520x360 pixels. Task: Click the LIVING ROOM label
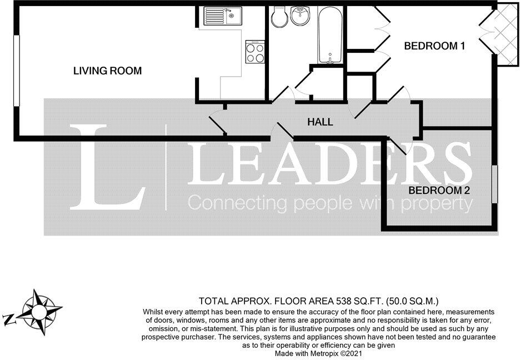[108, 71]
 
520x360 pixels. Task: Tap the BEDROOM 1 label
[434, 46]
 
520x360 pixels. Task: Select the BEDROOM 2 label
[439, 191]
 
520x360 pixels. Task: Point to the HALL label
[320, 122]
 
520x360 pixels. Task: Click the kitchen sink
[221, 16]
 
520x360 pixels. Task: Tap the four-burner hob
[255, 52]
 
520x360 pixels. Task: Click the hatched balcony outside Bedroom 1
[504, 34]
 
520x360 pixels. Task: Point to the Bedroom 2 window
[494, 184]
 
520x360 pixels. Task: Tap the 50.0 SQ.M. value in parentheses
[411, 301]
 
